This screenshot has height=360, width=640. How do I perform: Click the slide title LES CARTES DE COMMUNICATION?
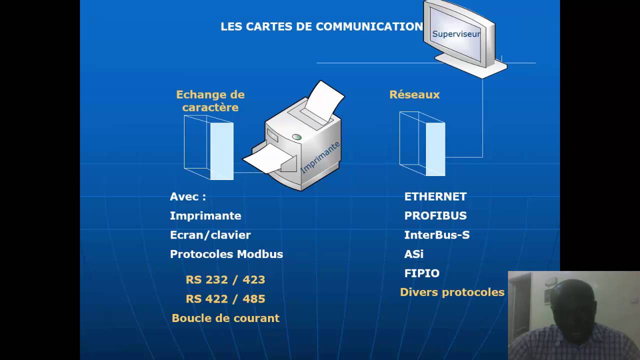pos(321,26)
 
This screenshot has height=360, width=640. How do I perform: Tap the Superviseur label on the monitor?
pos(456,34)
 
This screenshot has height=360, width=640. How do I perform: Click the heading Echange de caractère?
pos(210,101)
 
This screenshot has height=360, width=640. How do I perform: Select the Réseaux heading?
pos(414,94)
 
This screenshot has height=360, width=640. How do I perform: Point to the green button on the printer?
pos(296,137)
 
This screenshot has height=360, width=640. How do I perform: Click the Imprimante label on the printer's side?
pos(320,157)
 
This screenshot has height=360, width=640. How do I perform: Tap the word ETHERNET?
pos(435,196)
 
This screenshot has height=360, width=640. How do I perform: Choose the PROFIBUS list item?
pos(435,215)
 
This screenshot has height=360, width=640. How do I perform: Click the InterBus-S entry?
pos(436,235)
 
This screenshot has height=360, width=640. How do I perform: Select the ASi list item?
pos(413,254)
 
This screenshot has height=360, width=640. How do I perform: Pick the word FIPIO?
pos(421,273)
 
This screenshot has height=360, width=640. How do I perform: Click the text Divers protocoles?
pos(452,292)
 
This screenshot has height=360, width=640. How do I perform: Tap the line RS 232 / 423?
pos(225,279)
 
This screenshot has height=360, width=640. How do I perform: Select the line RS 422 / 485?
pos(225,299)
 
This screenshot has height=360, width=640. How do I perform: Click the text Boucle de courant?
pos(225,318)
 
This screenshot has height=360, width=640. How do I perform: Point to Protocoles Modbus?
pos(226,254)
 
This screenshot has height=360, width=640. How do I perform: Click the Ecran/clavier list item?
pos(210,235)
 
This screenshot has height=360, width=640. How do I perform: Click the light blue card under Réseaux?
pos(435,149)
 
